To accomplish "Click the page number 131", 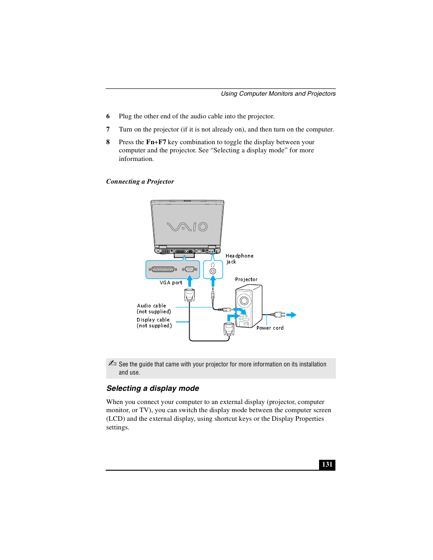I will tap(327, 464).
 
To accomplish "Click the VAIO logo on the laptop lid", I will tap(187, 226).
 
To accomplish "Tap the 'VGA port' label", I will tap(171, 282).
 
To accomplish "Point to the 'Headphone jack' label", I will tap(239, 258).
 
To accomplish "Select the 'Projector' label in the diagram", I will tap(246, 279).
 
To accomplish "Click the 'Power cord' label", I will tap(270, 328).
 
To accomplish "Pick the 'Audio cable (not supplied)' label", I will tap(153, 309).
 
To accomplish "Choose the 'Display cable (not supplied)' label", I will tap(154, 323).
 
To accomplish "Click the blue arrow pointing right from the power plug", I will tap(291, 315).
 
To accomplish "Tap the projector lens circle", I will tap(244, 300).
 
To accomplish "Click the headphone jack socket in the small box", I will tap(212, 271).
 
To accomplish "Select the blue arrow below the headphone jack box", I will tap(212, 281).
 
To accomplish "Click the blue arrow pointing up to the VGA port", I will tap(190, 281).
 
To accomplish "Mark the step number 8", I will tap(108, 142).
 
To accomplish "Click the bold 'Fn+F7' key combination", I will tap(156, 142).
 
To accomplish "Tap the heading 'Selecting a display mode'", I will tap(153, 389).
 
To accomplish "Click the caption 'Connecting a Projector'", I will tap(140, 181).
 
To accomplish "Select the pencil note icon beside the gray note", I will tap(112, 363).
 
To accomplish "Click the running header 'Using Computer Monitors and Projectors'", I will tap(278, 94).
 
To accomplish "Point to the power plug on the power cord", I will tap(279, 314).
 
